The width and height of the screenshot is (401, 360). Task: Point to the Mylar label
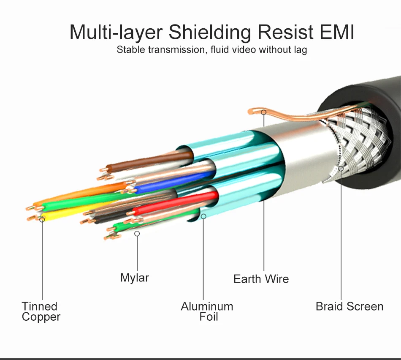[135, 278]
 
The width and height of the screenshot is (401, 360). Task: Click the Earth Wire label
[261, 279]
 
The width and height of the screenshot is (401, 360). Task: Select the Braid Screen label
[350, 306]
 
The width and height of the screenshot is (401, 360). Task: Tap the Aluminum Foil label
[207, 311]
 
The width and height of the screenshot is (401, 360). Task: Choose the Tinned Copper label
[41, 311]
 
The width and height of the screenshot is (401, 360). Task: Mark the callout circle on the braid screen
[341, 169]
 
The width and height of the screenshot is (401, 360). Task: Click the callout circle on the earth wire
[263, 112]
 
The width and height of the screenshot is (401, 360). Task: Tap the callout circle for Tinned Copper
[42, 219]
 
